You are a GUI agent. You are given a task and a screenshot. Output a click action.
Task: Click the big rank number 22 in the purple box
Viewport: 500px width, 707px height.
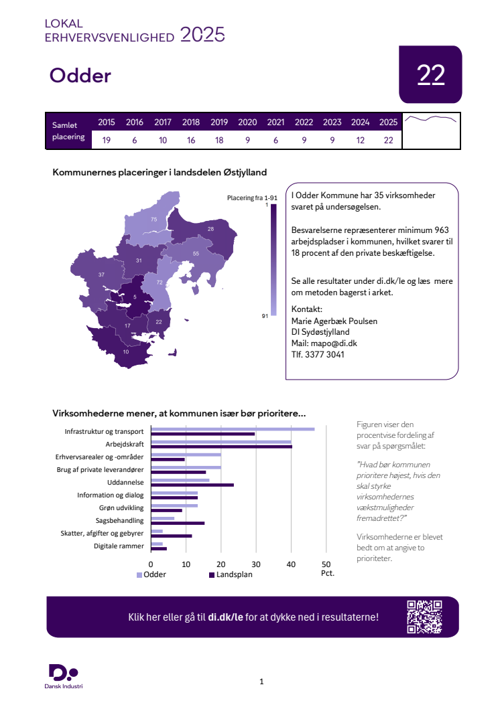[431, 75]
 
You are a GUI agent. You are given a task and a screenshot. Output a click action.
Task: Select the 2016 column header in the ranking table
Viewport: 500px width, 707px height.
[135, 123]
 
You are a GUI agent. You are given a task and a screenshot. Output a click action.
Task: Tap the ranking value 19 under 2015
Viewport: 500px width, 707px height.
[107, 140]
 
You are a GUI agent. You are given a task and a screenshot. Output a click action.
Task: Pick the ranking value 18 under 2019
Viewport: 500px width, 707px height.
[219, 140]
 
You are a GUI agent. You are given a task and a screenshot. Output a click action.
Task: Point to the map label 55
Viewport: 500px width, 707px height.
[196, 254]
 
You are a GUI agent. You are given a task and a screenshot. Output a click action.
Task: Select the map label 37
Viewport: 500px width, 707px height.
[101, 275]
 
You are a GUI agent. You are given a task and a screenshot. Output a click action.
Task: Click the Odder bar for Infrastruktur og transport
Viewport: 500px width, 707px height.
[233, 429]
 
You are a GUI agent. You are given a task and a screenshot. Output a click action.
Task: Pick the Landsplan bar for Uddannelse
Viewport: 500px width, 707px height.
[192, 485]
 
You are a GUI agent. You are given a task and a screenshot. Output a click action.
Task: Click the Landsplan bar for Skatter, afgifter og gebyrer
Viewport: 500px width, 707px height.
[172, 536]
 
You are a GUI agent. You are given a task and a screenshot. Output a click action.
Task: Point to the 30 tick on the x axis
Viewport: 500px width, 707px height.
[256, 564]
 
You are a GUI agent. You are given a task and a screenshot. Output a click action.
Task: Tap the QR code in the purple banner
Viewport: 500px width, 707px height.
[425, 617]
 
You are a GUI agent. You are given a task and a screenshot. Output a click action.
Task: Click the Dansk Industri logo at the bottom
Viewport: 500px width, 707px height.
[64, 676]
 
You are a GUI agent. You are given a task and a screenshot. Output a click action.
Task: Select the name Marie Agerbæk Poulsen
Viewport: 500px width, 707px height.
[334, 321]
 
